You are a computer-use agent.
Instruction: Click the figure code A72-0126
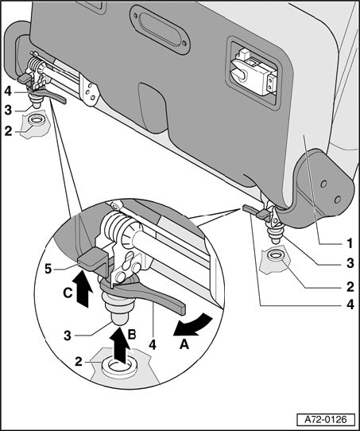(x=325, y=420)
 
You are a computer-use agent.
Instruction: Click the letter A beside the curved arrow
(x=184, y=344)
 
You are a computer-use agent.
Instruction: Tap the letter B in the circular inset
(x=132, y=334)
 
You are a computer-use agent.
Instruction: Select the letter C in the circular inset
(x=68, y=293)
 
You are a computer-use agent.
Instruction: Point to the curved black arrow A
(x=194, y=325)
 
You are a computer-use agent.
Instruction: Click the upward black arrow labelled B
(x=121, y=343)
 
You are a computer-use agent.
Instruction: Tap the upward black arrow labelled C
(x=82, y=289)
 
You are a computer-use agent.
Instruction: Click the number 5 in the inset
(x=48, y=270)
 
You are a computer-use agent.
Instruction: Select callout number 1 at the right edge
(x=350, y=243)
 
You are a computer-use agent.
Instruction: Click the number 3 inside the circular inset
(x=68, y=336)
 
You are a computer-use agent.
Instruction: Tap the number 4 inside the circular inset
(x=153, y=344)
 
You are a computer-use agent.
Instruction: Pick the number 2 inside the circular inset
(x=78, y=361)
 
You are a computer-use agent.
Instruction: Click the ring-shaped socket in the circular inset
(x=119, y=368)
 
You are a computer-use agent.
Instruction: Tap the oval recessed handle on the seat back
(x=160, y=29)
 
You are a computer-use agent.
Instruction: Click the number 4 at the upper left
(x=8, y=91)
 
